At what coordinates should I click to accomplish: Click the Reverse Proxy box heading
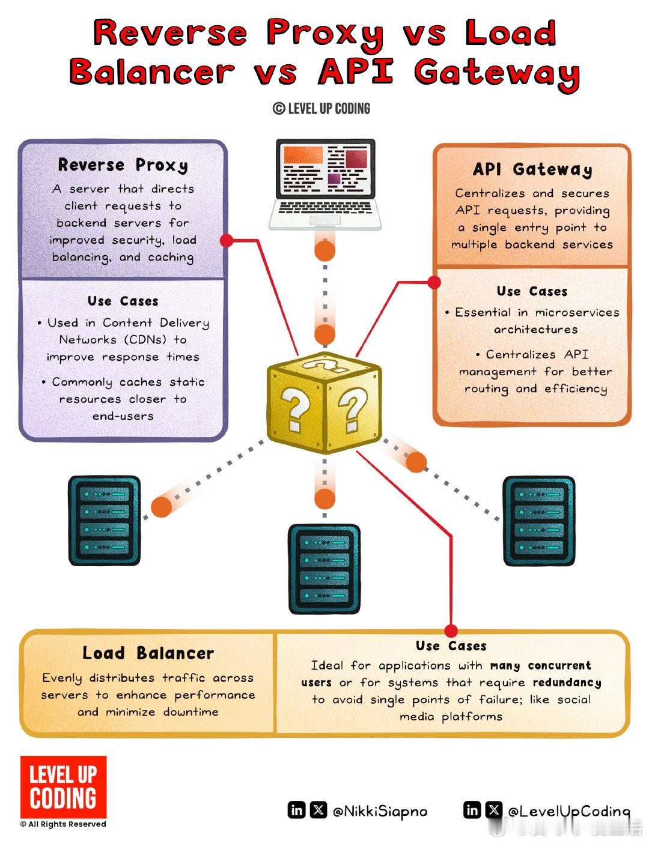pyautogui.click(x=123, y=165)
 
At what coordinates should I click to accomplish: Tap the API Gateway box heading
pyautogui.click(x=532, y=170)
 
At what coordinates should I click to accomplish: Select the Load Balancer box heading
pyautogui.click(x=148, y=653)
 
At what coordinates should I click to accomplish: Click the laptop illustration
pyautogui.click(x=325, y=184)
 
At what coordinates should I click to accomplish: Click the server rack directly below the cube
pyautogui.click(x=324, y=568)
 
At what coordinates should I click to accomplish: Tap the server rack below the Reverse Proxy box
pyautogui.click(x=105, y=521)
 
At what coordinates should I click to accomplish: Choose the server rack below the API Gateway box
pyautogui.click(x=538, y=521)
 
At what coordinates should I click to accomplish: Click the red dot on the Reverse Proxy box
pyautogui.click(x=227, y=240)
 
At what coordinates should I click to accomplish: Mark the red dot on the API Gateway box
pyautogui.click(x=434, y=282)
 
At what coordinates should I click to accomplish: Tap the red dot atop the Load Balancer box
pyautogui.click(x=451, y=630)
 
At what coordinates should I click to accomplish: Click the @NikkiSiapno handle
pyautogui.click(x=380, y=811)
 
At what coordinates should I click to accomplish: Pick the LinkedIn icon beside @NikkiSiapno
pyautogui.click(x=297, y=810)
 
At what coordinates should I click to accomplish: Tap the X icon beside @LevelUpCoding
pyautogui.click(x=494, y=810)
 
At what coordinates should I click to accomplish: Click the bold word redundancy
pyautogui.click(x=567, y=683)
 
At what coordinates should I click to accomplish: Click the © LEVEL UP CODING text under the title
pyautogui.click(x=321, y=109)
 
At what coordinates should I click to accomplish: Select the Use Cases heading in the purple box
pyautogui.click(x=123, y=301)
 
